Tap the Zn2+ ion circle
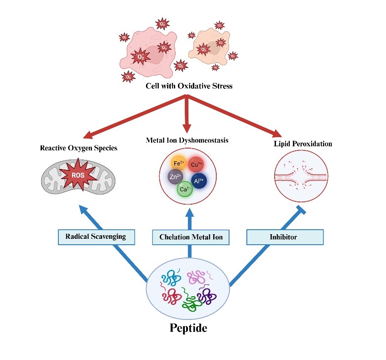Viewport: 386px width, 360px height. (174, 177)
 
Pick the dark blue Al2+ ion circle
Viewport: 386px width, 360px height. (199, 180)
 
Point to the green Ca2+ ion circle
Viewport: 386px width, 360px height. (184, 189)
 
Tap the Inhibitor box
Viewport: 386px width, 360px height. (285, 237)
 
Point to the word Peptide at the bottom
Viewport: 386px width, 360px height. (188, 327)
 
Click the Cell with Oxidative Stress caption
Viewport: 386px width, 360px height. (189, 86)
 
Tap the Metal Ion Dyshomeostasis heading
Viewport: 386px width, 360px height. (187, 140)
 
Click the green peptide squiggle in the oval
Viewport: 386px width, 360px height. (192, 301)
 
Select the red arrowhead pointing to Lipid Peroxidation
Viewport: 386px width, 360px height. (277, 133)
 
